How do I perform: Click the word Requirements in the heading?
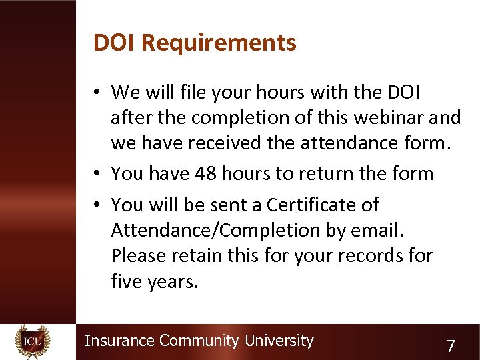[219, 43]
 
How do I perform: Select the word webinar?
[389, 117]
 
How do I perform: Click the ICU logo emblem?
[32, 341]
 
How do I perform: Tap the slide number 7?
[451, 346]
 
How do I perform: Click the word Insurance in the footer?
[119, 341]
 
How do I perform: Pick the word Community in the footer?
[199, 341]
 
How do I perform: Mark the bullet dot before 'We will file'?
[97, 92]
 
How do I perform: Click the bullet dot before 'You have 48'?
[97, 174]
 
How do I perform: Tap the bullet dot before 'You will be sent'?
[97, 205]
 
